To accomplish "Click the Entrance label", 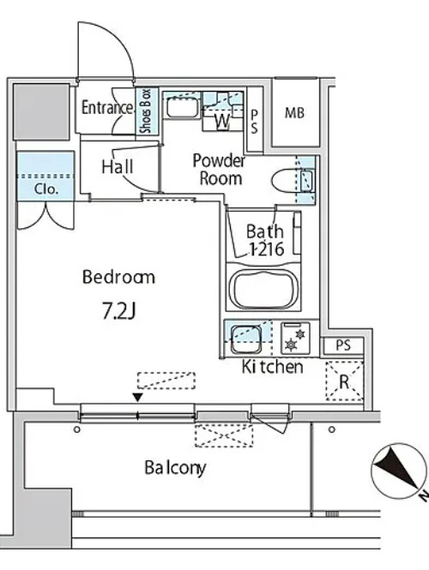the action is coord(107,108).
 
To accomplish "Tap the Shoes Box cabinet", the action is coord(147,111).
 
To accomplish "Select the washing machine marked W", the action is coord(222,111).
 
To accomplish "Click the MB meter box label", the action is coord(294,113).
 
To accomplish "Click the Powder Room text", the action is coord(219,170).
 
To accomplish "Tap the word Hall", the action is coord(118,167).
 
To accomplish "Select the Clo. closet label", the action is coord(45,189).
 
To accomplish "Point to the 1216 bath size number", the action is coord(266,249).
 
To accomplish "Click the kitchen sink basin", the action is coord(246,339).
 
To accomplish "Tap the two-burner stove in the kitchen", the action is coord(295,338).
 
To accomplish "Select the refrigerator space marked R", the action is coord(345,381).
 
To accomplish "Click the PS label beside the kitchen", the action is coord(343,345).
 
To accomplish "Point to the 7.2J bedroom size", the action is coord(118,311).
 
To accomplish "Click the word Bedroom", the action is coord(118,277).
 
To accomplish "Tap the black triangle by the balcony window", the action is coord(137,398).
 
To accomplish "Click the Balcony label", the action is coord(175,468).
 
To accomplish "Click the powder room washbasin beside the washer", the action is coord(182,106).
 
